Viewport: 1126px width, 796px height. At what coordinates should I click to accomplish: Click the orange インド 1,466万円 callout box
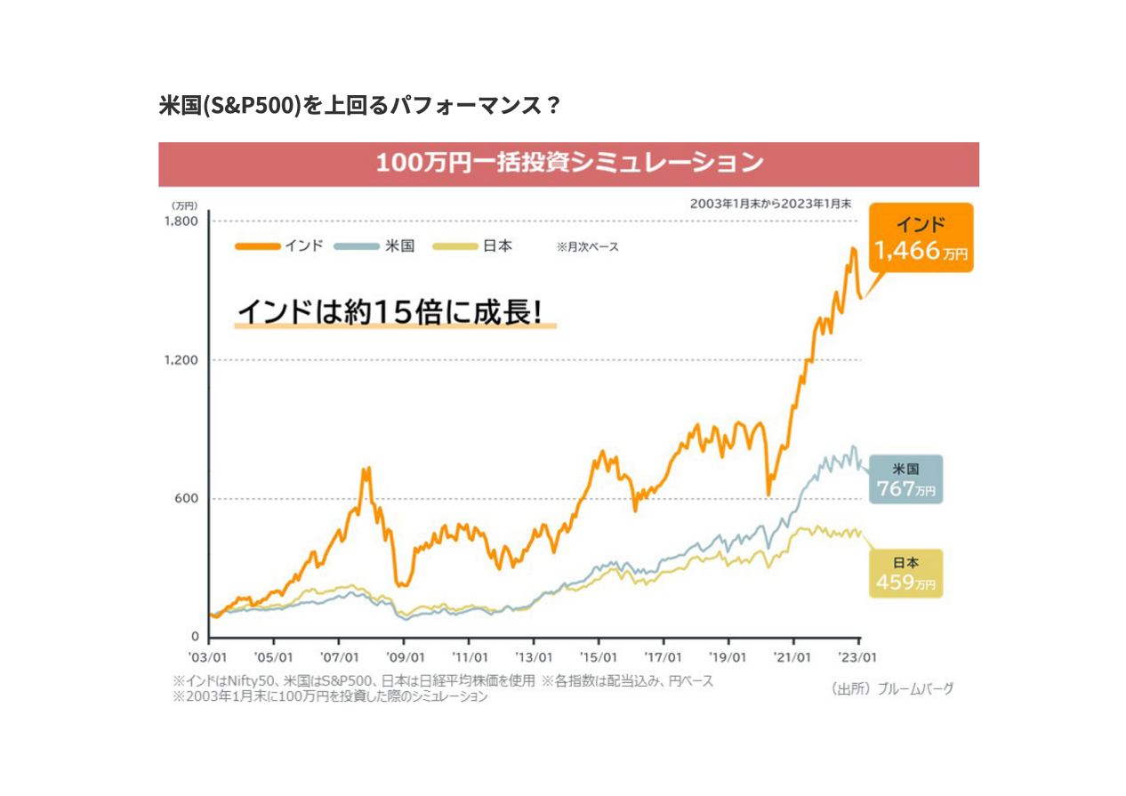pos(921,237)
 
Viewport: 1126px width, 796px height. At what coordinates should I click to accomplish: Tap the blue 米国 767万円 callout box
pos(905,479)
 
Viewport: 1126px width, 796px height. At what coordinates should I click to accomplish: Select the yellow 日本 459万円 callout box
pos(905,574)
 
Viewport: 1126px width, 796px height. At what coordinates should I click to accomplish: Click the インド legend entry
pos(279,246)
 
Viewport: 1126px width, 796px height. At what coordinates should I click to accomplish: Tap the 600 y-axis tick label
pos(186,498)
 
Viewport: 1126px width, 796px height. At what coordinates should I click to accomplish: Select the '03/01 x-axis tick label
pos(209,658)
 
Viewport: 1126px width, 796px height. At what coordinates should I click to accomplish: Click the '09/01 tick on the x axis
pos(404,658)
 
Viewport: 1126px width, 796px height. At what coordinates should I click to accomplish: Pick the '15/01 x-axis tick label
pos(599,658)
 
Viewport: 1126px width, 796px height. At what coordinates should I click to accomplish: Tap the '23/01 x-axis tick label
pos(858,658)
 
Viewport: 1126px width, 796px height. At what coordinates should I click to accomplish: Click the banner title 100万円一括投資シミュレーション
pos(569,164)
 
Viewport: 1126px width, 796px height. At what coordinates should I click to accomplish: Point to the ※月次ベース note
pos(587,247)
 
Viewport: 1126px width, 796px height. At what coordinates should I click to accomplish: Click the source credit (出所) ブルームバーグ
pos(892,688)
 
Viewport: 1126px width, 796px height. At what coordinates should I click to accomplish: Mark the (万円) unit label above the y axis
pos(184,205)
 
